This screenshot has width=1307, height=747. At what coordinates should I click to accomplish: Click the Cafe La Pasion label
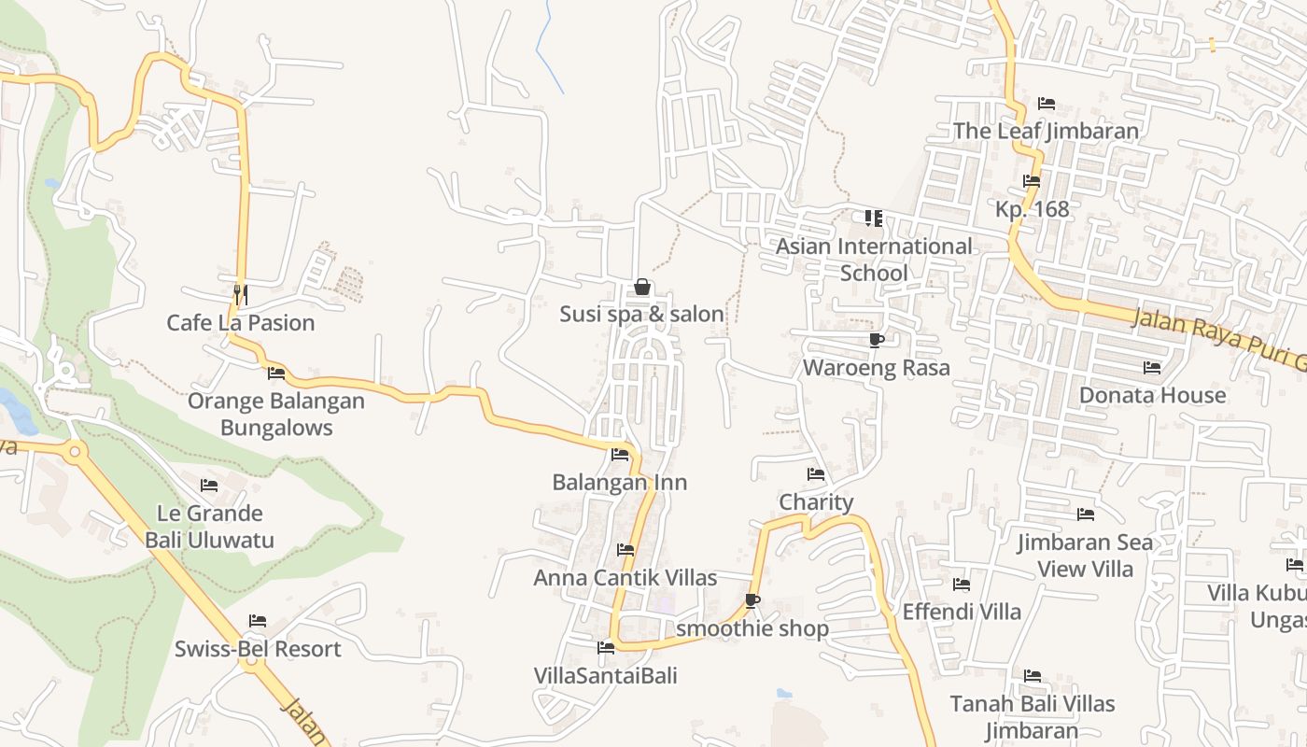point(241,323)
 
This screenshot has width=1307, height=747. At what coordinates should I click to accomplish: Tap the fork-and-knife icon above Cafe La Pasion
point(240,294)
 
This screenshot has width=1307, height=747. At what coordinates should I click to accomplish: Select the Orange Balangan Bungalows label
point(275,415)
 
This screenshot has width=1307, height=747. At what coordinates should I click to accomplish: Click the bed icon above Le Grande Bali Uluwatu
point(209,486)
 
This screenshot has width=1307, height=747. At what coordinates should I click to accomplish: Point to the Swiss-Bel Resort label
point(258,649)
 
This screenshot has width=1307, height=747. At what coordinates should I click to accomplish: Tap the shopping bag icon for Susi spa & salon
point(642,288)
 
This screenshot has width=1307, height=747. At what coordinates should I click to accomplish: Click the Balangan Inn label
point(619,483)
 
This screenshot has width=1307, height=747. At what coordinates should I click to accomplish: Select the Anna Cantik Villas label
point(625,578)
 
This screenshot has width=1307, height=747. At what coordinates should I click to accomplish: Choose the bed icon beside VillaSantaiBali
point(606,647)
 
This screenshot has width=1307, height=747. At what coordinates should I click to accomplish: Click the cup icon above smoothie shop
point(752,600)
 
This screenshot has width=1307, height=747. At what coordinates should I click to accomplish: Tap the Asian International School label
point(874,260)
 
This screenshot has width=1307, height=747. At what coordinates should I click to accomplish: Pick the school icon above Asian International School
point(874,218)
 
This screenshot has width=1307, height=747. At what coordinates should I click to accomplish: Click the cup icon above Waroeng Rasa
point(876,340)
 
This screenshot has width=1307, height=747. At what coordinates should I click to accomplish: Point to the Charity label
point(816,502)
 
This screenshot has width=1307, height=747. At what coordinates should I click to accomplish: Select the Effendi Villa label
point(962,612)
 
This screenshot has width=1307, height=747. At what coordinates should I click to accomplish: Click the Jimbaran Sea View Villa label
point(1085,556)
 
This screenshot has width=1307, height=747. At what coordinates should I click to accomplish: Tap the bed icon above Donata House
point(1152,368)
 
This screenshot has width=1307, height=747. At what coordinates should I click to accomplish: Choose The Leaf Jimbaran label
point(1046,131)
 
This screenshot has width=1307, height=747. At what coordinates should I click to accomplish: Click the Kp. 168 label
point(1032,209)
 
